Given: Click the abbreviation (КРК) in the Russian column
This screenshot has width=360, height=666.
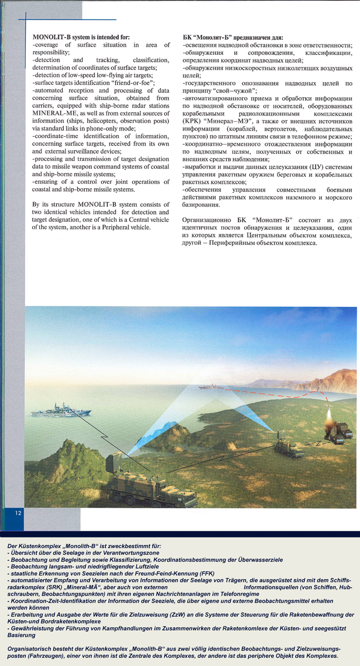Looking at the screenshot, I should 194,121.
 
